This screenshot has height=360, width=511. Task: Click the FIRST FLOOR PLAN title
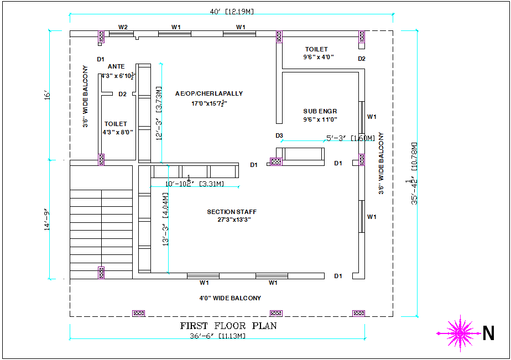coord(228,326)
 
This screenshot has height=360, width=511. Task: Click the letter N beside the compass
coord(488,333)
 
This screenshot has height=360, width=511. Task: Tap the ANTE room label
coord(116,67)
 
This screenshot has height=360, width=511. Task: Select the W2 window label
coord(123,27)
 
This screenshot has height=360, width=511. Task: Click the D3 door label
coord(279,135)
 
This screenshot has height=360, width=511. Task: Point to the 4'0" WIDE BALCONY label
coord(230,298)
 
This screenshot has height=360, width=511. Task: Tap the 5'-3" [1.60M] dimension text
coord(350,138)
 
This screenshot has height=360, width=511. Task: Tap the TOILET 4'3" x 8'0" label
coord(116,128)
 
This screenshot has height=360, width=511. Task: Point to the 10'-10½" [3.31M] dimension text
coord(195,183)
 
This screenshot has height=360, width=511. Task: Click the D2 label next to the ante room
coord(123,94)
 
